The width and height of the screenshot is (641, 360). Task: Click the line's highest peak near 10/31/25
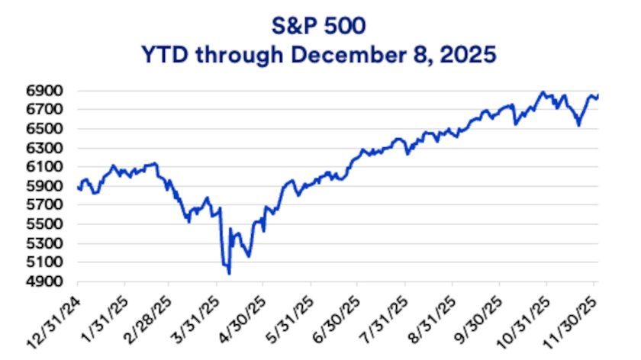pos(543,92)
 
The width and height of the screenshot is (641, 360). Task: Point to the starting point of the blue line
pos(79,188)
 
